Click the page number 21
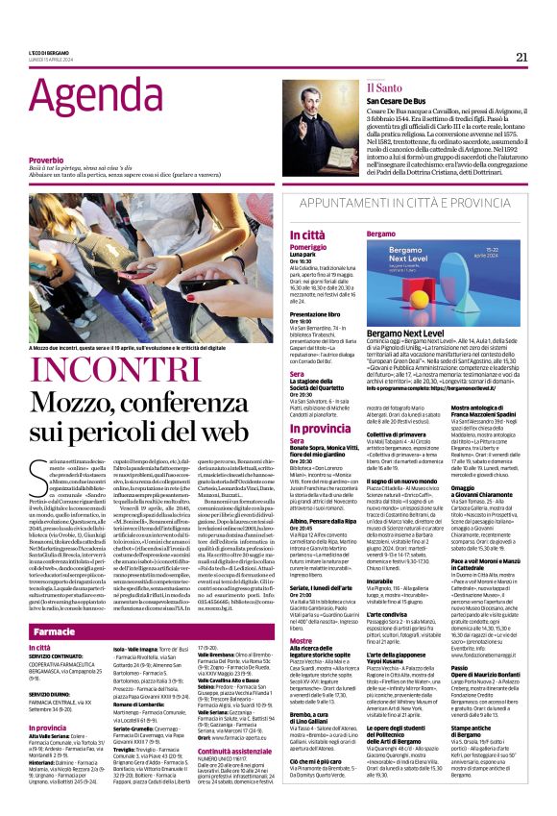(521, 56)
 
